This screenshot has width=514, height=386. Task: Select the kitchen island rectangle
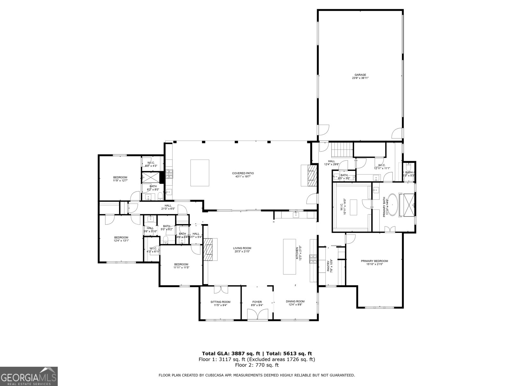click(289, 256)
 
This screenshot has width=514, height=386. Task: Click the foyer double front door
click(257, 314)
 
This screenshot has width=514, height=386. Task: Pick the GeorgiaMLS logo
click(29, 376)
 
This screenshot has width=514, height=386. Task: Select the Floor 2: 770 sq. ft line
click(257, 365)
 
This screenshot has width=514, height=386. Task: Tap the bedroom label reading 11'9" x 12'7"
click(120, 181)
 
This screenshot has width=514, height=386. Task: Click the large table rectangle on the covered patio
click(200, 173)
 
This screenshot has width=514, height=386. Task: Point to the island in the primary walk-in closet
click(353, 207)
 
